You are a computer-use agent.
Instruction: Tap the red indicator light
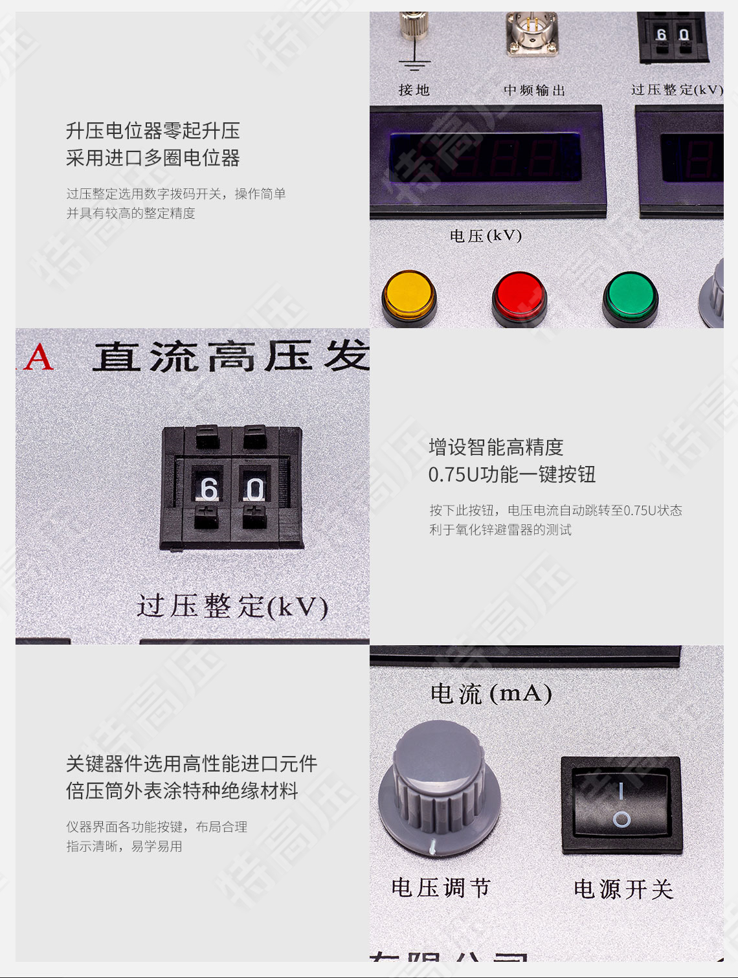519,296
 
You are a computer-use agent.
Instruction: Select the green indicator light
630,297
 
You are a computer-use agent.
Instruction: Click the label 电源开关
623,889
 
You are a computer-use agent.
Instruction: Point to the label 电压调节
441,887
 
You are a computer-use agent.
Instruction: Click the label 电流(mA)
491,694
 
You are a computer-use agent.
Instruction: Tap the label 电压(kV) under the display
486,236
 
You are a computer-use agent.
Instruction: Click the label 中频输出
534,90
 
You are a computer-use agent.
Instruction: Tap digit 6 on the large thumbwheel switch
208,489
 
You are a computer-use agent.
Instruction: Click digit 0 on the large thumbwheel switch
255,489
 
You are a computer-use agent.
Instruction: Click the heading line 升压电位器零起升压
153,131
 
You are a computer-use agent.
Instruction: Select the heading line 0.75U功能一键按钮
511,474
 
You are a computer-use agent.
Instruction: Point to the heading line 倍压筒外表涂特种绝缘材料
182,790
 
